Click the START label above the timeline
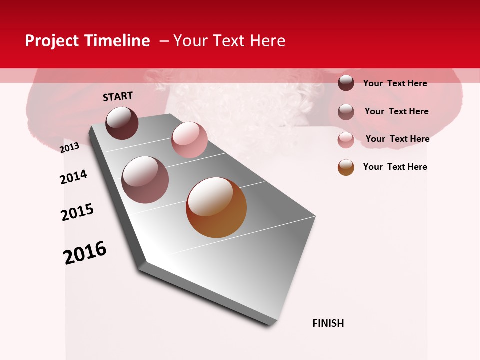click(118, 96)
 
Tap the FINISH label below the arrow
click(328, 323)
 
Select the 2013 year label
click(70, 148)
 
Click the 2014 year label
click(74, 177)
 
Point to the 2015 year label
click(77, 212)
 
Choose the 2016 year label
click(85, 253)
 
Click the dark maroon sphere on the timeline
click(122, 123)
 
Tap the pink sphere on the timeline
click(189, 140)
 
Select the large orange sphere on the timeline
click(216, 207)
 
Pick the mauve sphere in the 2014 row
click(145, 180)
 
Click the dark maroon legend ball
click(346, 83)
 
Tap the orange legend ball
click(346, 167)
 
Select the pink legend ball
click(346, 140)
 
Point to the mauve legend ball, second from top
click(346, 112)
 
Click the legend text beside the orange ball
click(395, 167)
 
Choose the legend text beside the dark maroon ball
click(395, 83)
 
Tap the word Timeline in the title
click(118, 41)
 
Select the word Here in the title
click(267, 41)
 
